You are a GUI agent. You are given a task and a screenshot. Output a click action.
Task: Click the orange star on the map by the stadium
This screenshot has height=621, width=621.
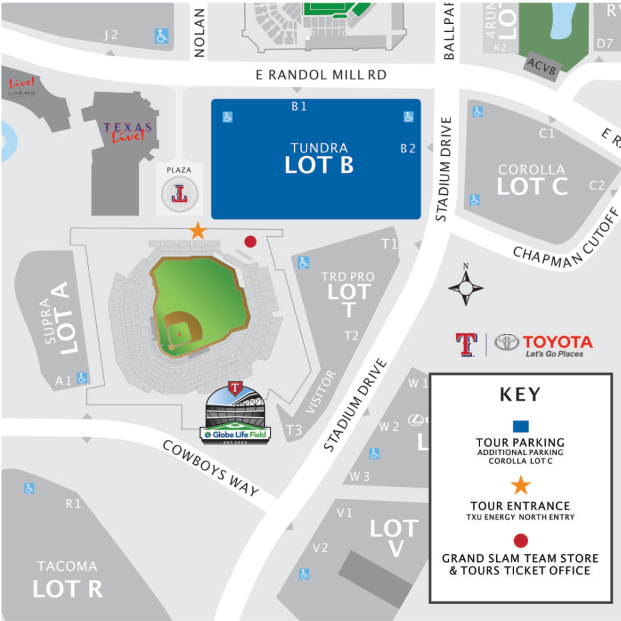tap(198, 231)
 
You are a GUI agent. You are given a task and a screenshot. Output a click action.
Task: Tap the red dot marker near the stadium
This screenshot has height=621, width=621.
tap(250, 241)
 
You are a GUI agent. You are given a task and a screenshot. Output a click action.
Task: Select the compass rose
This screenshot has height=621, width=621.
tap(466, 288)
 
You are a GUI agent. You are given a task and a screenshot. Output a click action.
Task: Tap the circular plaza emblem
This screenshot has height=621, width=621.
tap(180, 193)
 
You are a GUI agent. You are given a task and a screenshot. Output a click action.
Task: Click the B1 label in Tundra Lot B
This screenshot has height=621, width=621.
tap(299, 106)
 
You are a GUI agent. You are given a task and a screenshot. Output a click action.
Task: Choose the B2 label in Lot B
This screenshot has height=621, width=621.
tap(408, 148)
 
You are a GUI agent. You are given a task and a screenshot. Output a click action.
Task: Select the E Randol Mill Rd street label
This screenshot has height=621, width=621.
tap(321, 75)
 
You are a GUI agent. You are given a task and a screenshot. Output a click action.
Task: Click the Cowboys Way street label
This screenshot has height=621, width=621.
tap(211, 469)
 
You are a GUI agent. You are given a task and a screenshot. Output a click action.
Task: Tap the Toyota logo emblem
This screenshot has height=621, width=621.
tap(507, 342)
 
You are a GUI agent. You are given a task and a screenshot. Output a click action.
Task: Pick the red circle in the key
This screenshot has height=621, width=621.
tap(521, 540)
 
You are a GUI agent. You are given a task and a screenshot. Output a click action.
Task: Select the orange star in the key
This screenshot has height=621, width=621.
tap(521, 486)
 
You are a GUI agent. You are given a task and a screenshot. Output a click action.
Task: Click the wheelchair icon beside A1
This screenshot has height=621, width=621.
tap(82, 378)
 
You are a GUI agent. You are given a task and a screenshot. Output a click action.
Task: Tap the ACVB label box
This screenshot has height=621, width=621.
tap(542, 67)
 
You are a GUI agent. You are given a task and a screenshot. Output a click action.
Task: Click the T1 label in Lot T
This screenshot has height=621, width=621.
tap(389, 244)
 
